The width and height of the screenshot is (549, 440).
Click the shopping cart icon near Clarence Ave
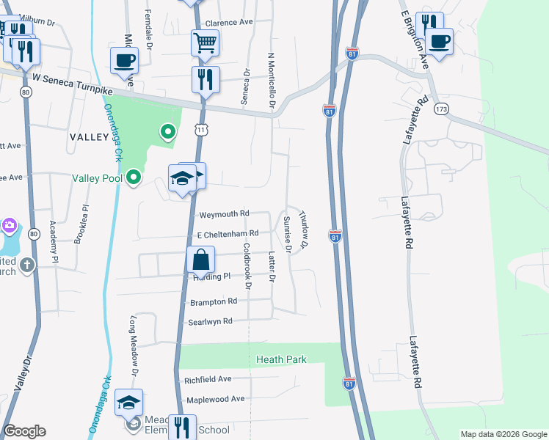pyautogui.click(x=206, y=42)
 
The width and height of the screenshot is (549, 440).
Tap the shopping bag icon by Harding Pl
pyautogui.click(x=200, y=260)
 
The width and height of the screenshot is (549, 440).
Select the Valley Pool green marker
pyautogui.click(x=134, y=177)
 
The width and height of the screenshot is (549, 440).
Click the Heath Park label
pyautogui.click(x=281, y=359)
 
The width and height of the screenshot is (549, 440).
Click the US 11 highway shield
pyautogui.click(x=200, y=129)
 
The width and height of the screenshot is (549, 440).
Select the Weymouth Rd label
pyautogui.click(x=225, y=214)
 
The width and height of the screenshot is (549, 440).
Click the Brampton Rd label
pyautogui.click(x=214, y=301)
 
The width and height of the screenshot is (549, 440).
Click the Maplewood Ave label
pyautogui.click(x=215, y=399)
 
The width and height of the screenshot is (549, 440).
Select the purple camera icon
pyautogui.click(x=9, y=224)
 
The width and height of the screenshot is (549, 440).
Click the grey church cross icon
pyautogui.click(x=27, y=265)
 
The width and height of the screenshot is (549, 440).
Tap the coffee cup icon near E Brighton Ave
pyautogui.click(x=440, y=41)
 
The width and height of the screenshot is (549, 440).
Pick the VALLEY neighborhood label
pyautogui.click(x=89, y=137)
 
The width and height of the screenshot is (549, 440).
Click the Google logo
pyautogui.click(x=24, y=431)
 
